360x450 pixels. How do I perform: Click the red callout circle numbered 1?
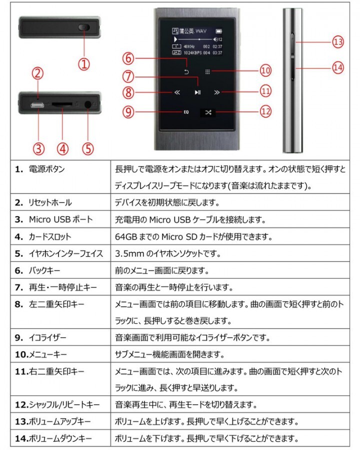[x=84, y=63]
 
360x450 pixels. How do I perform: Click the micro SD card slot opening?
[x=62, y=105]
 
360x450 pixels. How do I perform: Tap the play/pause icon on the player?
[x=198, y=92]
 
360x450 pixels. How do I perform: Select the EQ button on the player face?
[x=186, y=112]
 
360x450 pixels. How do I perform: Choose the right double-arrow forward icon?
[x=216, y=92]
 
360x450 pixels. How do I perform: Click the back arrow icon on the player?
[x=186, y=71]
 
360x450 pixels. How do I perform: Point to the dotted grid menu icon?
[x=207, y=71]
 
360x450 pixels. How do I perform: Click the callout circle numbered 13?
[x=338, y=42]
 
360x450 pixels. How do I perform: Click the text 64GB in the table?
[x=125, y=236]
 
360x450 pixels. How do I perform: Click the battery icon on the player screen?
[x=219, y=30]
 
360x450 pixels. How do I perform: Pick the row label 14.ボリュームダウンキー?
[x=53, y=438]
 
